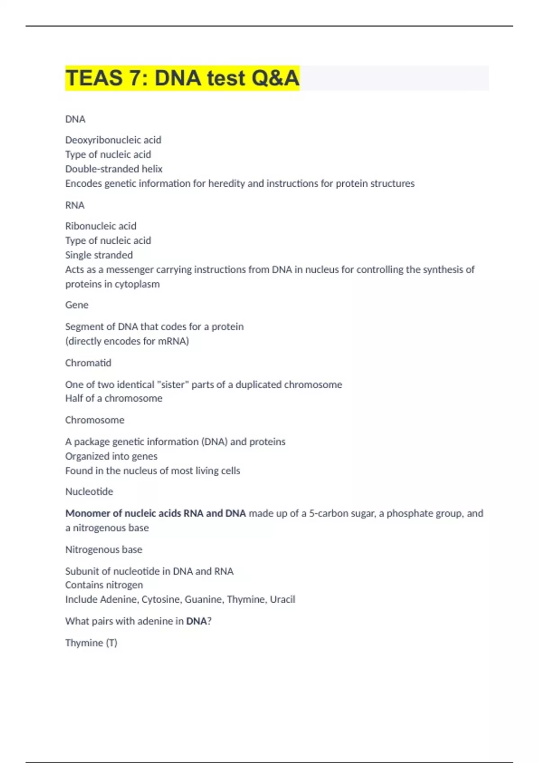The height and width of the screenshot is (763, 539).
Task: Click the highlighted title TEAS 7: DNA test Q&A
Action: click(x=182, y=78)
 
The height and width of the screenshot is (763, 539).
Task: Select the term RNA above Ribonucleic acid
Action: click(x=75, y=205)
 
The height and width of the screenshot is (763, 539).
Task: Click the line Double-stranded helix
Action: click(x=114, y=169)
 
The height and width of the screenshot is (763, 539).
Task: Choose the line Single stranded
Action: click(x=99, y=255)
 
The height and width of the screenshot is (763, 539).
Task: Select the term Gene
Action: click(x=77, y=305)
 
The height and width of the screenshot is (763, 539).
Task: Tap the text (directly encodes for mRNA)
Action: click(x=127, y=341)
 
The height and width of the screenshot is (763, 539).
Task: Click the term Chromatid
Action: click(x=88, y=363)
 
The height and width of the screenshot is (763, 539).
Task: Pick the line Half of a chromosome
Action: click(x=114, y=398)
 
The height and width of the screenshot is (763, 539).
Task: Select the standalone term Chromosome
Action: click(x=95, y=420)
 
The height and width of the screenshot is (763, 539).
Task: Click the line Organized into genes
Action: click(x=111, y=456)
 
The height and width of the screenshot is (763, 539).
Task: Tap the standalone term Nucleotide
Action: click(x=89, y=491)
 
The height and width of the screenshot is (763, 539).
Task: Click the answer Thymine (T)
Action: click(x=91, y=643)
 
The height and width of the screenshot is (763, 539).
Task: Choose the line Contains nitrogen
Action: click(x=104, y=585)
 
